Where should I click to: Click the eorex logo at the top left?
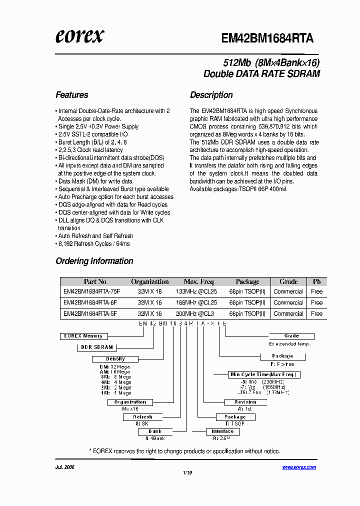point(79,36)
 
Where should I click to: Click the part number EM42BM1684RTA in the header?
point(267,38)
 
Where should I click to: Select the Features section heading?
point(71,95)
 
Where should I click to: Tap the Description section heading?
point(211,95)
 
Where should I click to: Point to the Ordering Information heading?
point(94,261)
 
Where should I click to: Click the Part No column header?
point(95,281)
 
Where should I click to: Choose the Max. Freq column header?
point(198,281)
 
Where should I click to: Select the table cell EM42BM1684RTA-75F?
point(90,291)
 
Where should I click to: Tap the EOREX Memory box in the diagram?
point(83,336)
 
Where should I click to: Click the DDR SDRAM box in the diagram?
point(97,347)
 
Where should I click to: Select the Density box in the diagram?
point(115,359)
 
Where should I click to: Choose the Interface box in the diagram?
point(222,431)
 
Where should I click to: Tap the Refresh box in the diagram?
point(142,417)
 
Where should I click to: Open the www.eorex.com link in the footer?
point(298,467)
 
